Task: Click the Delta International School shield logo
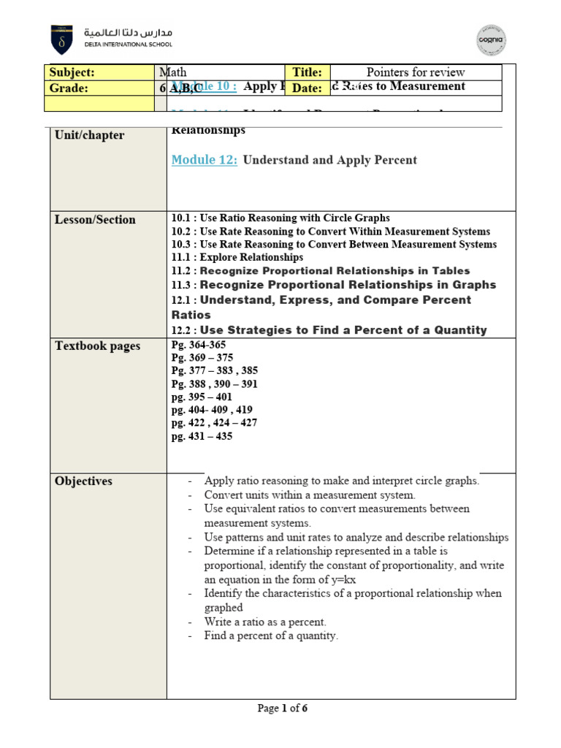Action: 61,39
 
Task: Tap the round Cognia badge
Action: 491,40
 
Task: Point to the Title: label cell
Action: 308,72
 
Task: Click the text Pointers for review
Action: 416,72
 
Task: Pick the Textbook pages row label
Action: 98,346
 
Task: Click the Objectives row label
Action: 84,481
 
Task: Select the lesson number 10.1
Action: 180,218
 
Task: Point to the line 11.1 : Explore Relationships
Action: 237,258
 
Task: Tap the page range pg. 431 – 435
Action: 202,437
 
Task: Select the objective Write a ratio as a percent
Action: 265,622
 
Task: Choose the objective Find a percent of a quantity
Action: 271,636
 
